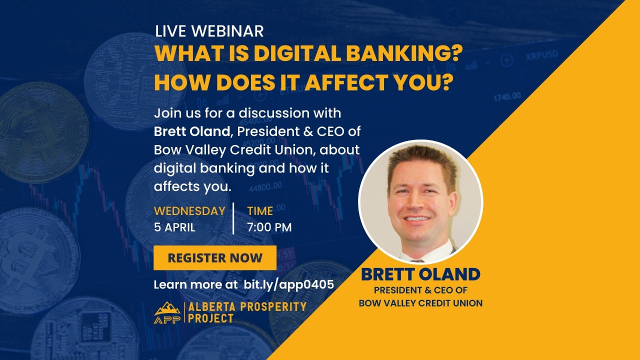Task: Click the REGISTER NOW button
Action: click(x=215, y=258)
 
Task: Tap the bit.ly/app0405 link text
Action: click(x=288, y=284)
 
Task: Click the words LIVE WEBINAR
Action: click(x=209, y=31)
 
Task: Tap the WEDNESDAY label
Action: click(x=189, y=211)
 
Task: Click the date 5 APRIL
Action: click(x=174, y=227)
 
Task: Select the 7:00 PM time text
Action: click(x=269, y=227)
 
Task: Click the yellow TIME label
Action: click(x=260, y=211)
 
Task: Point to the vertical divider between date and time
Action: click(x=233, y=218)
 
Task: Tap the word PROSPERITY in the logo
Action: click(x=273, y=306)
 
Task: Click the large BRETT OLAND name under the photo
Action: click(x=420, y=274)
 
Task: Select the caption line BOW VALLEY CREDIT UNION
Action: click(x=420, y=303)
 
